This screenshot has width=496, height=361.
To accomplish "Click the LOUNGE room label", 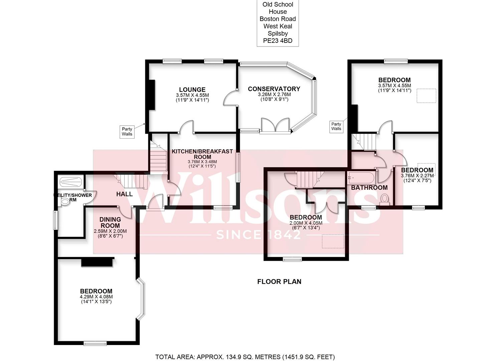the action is tap(192, 90).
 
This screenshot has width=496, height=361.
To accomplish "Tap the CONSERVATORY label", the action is tap(274, 89).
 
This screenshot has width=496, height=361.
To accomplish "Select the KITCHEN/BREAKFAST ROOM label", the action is tap(202, 154).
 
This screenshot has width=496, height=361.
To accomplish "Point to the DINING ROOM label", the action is tap(110, 223).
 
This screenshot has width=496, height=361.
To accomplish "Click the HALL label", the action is tap(125, 194).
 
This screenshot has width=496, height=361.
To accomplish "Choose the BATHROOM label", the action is tap(369, 188).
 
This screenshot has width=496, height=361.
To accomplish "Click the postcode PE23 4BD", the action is tap(278, 41).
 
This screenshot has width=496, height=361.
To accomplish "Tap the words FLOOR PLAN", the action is tap(279, 282).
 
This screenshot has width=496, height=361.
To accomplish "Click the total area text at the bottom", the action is tap(245, 351).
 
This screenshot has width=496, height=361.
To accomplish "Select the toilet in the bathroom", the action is tap(384, 199).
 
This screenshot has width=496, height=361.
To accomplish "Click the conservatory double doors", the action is tap(275, 126).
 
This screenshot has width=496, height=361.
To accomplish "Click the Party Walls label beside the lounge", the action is tap(127, 131).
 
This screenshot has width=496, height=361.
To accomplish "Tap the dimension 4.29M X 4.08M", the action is tap(96, 297).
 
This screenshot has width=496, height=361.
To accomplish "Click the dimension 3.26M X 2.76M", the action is tap(274, 94).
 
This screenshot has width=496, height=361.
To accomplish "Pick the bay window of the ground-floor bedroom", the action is tap(141, 299).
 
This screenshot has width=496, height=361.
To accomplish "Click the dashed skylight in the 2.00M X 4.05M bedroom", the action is tap(333, 241).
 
